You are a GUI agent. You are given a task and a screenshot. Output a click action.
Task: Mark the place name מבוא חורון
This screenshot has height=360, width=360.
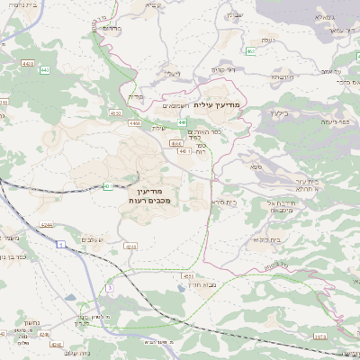208,283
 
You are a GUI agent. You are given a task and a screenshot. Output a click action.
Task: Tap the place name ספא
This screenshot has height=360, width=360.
256,167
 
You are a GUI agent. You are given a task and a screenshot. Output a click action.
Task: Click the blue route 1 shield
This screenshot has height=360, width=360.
59,245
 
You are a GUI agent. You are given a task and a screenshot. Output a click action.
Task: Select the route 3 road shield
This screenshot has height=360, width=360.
109,287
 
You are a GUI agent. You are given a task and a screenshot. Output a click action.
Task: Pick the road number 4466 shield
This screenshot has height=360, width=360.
135,122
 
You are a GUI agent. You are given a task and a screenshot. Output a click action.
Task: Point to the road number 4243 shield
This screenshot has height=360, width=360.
130,245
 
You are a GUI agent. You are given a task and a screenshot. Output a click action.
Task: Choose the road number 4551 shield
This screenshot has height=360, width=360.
188,276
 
